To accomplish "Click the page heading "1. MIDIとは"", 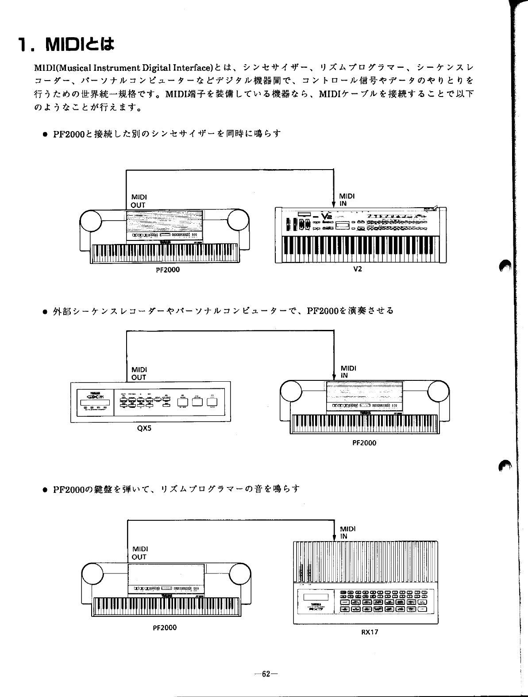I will tap(66, 44).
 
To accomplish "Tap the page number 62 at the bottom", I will tap(266, 674).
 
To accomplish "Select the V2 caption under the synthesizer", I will tap(358, 269).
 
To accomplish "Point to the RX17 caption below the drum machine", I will tap(370, 632).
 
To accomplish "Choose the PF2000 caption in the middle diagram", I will tap(364, 443).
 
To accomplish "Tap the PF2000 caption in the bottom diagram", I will tap(165, 627).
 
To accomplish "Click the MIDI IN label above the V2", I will tap(347, 200).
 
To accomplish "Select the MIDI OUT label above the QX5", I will tap(139, 373).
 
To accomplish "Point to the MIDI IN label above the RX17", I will tap(348, 532).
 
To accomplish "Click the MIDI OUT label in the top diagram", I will tap(139, 201).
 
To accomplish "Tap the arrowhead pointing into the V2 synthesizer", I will tap(333, 204).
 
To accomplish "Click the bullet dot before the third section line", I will tap(44, 490).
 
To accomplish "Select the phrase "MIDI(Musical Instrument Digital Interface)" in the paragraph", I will tap(123, 68).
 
